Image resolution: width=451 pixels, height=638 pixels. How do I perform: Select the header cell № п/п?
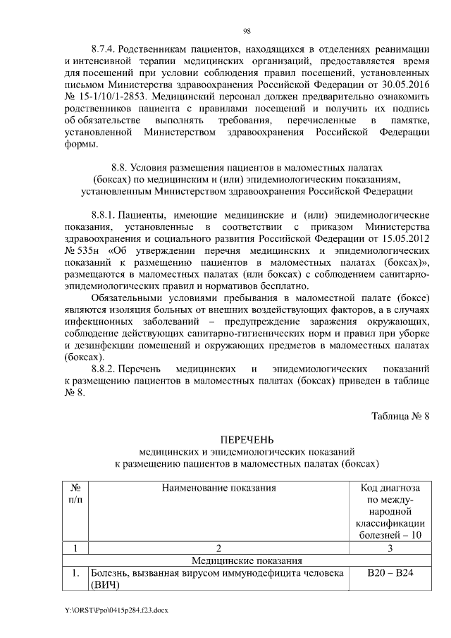point(74,493)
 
